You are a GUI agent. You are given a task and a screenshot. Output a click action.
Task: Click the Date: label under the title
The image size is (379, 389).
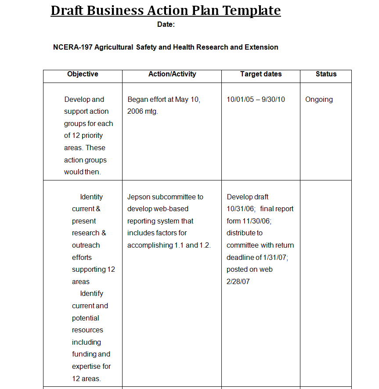(166, 25)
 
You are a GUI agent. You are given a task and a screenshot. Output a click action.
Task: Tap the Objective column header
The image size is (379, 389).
(83, 74)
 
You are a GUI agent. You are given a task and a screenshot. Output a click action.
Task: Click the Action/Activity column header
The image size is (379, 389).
(172, 74)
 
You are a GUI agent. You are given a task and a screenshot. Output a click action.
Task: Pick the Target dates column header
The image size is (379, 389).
(261, 74)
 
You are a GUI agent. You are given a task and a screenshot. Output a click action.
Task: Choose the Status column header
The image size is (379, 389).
(326, 74)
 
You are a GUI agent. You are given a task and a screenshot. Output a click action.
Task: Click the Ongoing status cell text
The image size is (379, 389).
(319, 100)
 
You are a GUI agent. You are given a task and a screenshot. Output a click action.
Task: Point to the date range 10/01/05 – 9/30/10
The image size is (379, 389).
(256, 100)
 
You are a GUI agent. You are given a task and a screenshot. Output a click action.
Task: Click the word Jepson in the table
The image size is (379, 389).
(138, 197)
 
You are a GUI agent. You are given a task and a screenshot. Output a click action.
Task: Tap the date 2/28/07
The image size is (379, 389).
(238, 282)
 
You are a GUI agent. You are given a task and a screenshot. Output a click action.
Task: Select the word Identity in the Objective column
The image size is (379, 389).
(91, 197)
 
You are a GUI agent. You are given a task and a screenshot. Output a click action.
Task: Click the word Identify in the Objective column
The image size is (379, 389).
(91, 294)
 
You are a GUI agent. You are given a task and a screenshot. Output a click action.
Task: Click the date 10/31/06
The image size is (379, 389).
(238, 209)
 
